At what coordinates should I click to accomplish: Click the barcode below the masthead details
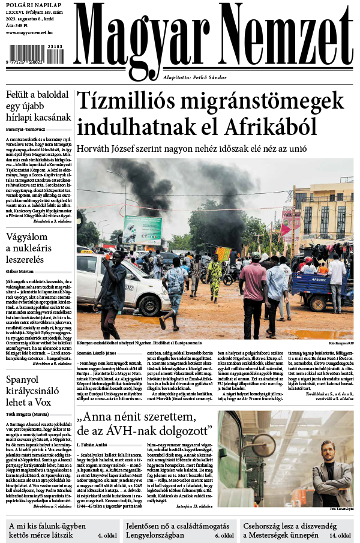(x=35, y=58)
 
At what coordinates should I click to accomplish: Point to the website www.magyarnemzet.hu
(x=30, y=32)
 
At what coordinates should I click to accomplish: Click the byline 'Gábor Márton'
(x=19, y=271)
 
